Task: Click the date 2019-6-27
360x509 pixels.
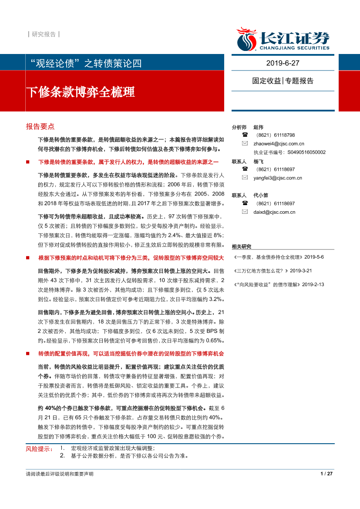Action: point(283,63)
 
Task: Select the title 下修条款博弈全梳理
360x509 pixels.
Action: point(81,92)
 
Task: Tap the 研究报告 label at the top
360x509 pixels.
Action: point(44,34)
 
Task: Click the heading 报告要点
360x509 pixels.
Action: point(40,127)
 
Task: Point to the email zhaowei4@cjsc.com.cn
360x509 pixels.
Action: point(279,143)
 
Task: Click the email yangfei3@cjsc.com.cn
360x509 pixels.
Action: point(278,178)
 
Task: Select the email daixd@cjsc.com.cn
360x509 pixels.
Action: point(274,212)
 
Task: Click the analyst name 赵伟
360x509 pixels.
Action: point(258,127)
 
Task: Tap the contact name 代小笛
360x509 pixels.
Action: point(261,195)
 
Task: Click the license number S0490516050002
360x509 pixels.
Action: point(306,152)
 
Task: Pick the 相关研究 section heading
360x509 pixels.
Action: point(242,246)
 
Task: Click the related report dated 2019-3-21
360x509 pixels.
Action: point(273,271)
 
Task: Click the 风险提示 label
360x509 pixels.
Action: point(38,448)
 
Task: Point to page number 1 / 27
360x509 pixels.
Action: point(326,474)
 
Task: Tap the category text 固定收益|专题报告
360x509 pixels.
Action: point(283,81)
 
